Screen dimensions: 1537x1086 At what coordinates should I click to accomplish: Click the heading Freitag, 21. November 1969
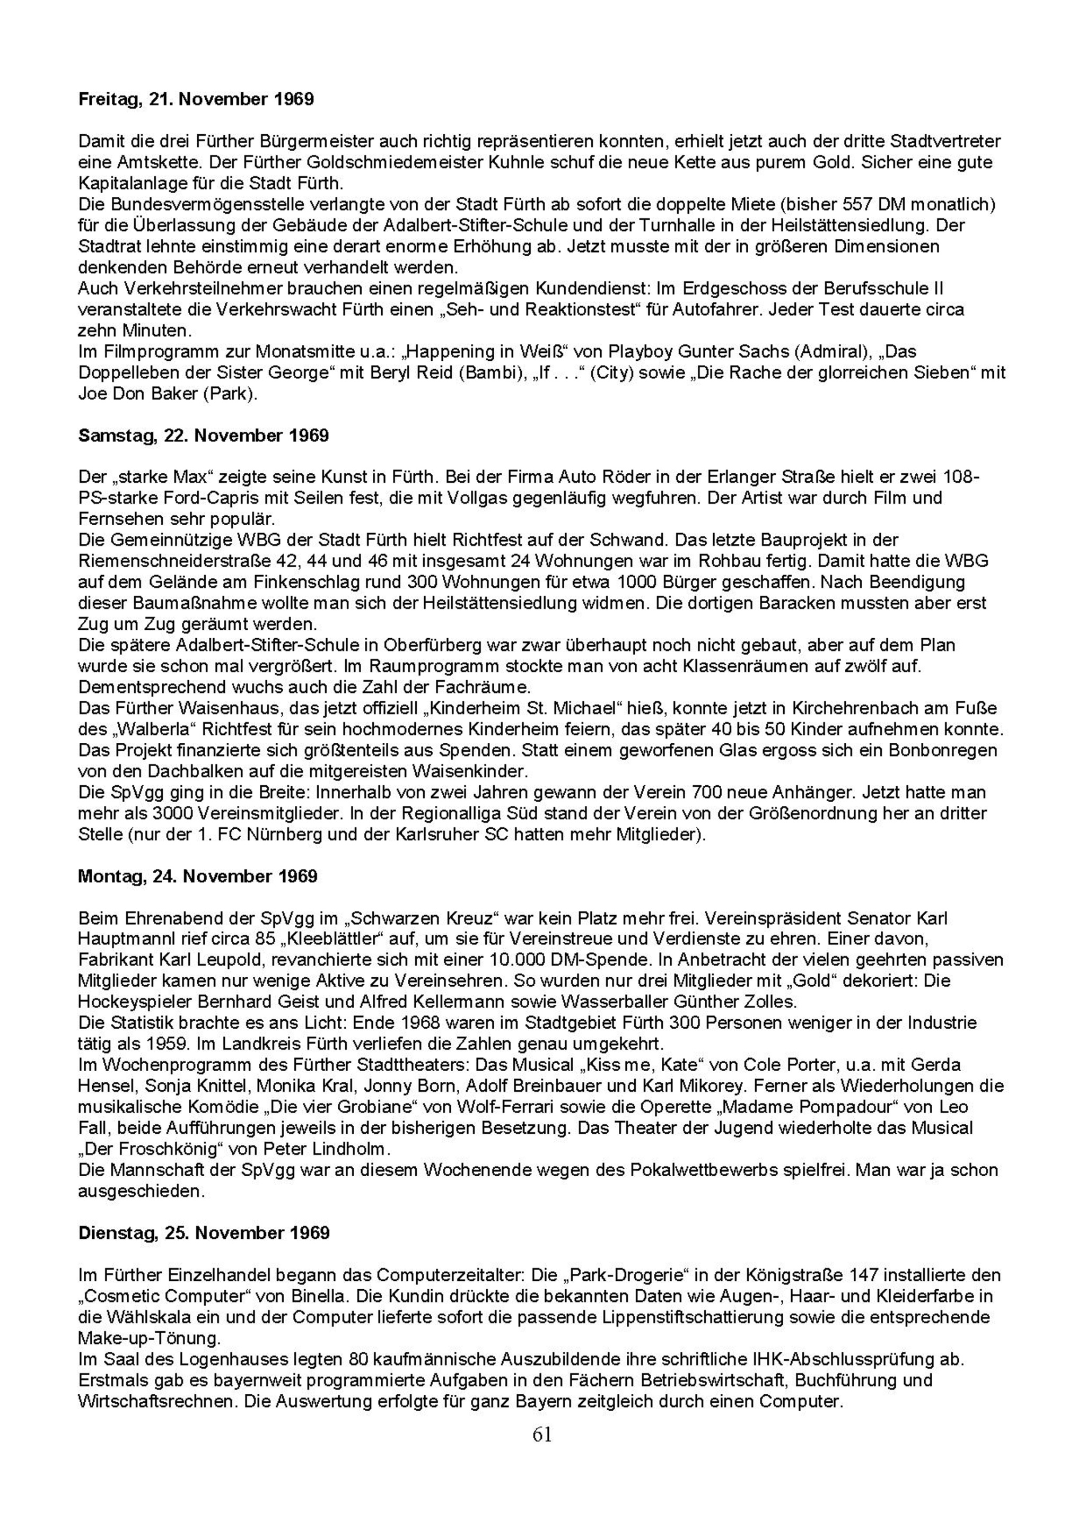(x=196, y=100)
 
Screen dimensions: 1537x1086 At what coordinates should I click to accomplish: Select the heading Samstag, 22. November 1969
(x=204, y=436)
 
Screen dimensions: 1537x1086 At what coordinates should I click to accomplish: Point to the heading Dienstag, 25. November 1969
(x=204, y=1233)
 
